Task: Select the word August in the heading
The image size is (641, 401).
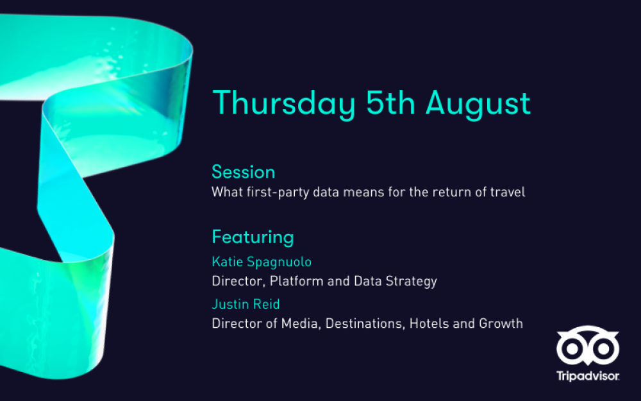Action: (478, 105)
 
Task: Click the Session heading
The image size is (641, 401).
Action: (243, 172)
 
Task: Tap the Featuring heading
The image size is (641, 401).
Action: (253, 237)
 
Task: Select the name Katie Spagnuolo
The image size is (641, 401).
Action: (262, 262)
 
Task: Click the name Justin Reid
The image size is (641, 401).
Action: (246, 304)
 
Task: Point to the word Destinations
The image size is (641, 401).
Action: (365, 323)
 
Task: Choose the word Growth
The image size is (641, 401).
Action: (501, 323)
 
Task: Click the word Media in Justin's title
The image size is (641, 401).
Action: (301, 323)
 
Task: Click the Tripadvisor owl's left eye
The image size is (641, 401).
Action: (572, 349)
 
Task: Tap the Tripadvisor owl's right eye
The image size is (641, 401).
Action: (603, 349)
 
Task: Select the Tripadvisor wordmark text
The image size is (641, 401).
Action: (588, 376)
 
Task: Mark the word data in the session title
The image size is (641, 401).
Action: (326, 192)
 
